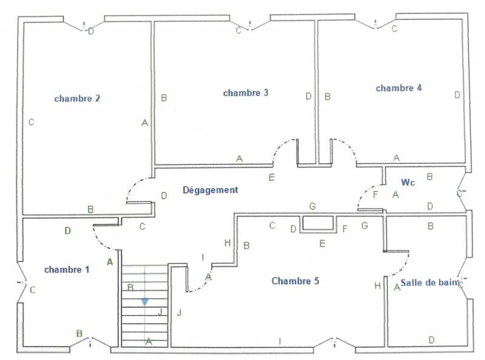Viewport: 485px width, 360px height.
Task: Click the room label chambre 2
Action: coord(77,98)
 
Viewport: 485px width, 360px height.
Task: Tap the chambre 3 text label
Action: coord(246,93)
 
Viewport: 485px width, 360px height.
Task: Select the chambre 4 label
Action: coord(398,88)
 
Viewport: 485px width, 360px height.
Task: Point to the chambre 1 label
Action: coord(67,270)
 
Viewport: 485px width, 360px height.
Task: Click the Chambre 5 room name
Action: coord(295,281)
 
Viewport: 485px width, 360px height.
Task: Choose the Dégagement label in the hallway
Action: coord(210,190)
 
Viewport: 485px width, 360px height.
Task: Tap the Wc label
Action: coord(407,182)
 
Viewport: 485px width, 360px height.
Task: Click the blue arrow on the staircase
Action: coord(144,301)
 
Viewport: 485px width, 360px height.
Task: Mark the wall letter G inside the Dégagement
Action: coord(312,206)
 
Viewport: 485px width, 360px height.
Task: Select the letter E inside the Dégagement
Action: coord(271,177)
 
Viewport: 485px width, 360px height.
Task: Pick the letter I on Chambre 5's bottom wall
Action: coord(279,341)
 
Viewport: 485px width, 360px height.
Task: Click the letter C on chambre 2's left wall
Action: coord(31,122)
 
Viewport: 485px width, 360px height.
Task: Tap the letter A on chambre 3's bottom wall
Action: coord(239,158)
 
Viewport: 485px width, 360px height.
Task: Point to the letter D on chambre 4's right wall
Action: coord(457,95)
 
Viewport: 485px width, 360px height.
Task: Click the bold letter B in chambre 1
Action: coord(79,333)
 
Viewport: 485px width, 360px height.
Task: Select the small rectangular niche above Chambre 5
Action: coord(319,223)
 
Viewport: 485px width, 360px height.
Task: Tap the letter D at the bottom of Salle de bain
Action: coord(431,340)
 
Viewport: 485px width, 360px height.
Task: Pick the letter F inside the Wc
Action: coord(375,194)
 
